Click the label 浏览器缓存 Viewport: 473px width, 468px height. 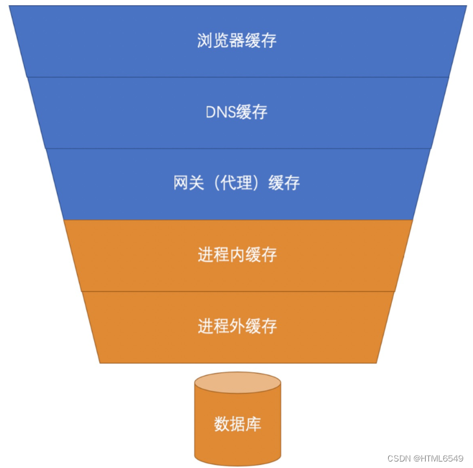click(x=236, y=41)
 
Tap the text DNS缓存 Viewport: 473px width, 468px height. click(x=236, y=112)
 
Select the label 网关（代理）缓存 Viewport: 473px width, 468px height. click(x=236, y=183)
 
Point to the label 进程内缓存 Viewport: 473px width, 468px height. click(x=236, y=254)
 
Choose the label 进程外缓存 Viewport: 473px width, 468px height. click(x=236, y=326)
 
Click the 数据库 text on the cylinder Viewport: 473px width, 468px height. click(x=238, y=425)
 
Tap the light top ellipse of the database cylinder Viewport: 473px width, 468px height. click(x=238, y=383)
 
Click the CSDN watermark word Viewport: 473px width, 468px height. click(x=399, y=458)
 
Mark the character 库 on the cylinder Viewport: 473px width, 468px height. click(x=254, y=425)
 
